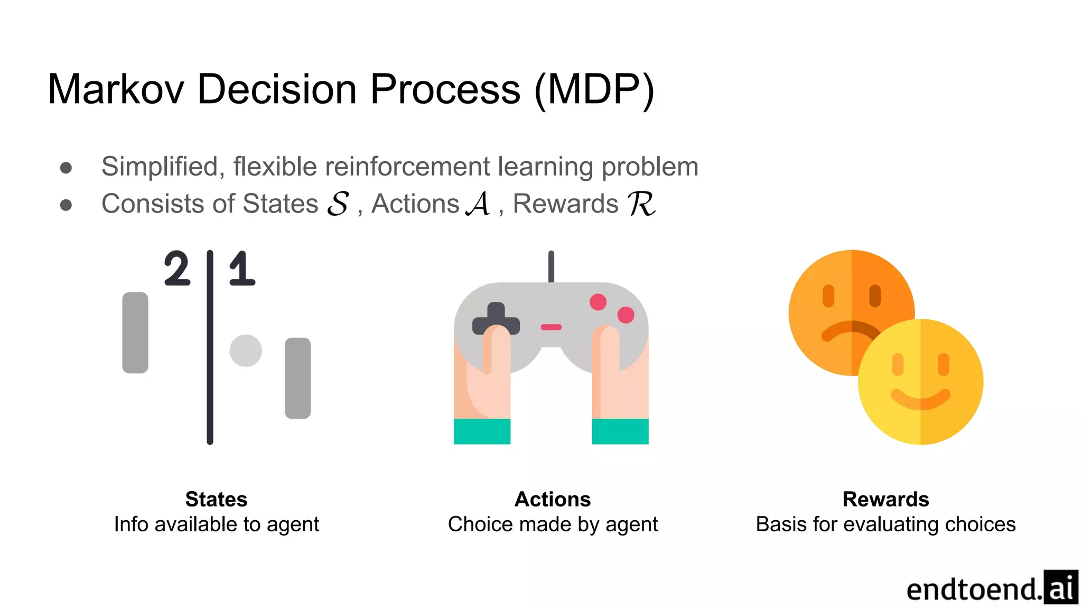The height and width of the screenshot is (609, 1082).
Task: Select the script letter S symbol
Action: pos(338,204)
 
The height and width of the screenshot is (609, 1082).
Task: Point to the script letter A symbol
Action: pos(479,204)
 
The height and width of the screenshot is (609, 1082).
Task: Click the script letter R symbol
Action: pos(641,204)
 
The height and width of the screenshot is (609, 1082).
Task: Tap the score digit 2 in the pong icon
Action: pos(176,269)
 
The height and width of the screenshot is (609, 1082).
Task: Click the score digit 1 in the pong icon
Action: pos(242,269)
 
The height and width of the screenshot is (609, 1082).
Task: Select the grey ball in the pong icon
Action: pos(246,350)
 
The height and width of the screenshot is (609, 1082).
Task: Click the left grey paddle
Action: pos(135,333)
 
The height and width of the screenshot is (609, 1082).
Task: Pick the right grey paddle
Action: pos(297,378)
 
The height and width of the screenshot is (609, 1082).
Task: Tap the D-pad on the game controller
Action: pos(496,318)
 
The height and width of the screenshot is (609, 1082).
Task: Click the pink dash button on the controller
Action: pos(551,327)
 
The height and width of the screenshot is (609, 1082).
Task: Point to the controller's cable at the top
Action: pos(551,266)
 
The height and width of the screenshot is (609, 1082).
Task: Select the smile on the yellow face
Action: pos(920,399)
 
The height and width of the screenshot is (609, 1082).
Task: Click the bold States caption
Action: pos(216,499)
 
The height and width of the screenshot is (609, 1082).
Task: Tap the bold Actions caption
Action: pos(553,499)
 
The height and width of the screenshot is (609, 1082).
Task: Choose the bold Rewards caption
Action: pos(885,499)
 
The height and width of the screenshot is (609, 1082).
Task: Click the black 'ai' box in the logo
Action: pos(1060,587)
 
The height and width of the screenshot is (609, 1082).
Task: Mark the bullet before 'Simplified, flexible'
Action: pos(66,168)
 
